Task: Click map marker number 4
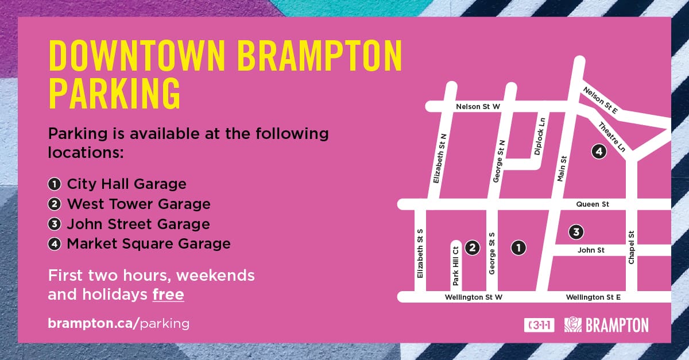[599, 152]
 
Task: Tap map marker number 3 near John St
[576, 232]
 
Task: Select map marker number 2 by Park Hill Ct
[472, 247]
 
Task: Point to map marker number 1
[518, 247]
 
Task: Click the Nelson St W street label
[478, 107]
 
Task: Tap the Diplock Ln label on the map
[540, 136]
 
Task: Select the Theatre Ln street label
[612, 137]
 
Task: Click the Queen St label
[593, 204]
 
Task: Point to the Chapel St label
[631, 247]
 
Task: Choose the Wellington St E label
[593, 297]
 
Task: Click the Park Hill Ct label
[455, 266]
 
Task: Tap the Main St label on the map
[562, 169]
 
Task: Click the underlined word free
[168, 295]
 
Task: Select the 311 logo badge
[539, 325]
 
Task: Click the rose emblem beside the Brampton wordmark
[573, 324]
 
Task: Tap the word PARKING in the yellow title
[114, 93]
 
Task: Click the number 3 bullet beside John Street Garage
[55, 224]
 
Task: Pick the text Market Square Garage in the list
[149, 243]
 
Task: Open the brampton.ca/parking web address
[118, 324]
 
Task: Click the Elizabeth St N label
[440, 158]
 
